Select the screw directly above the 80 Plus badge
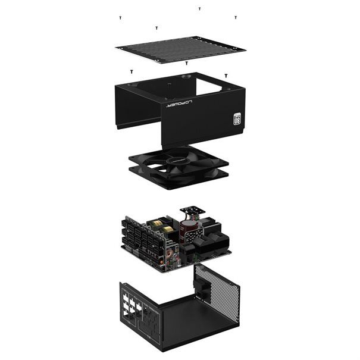click(226, 76)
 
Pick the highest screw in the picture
click(199, 9)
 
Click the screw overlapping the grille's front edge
click(186, 62)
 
